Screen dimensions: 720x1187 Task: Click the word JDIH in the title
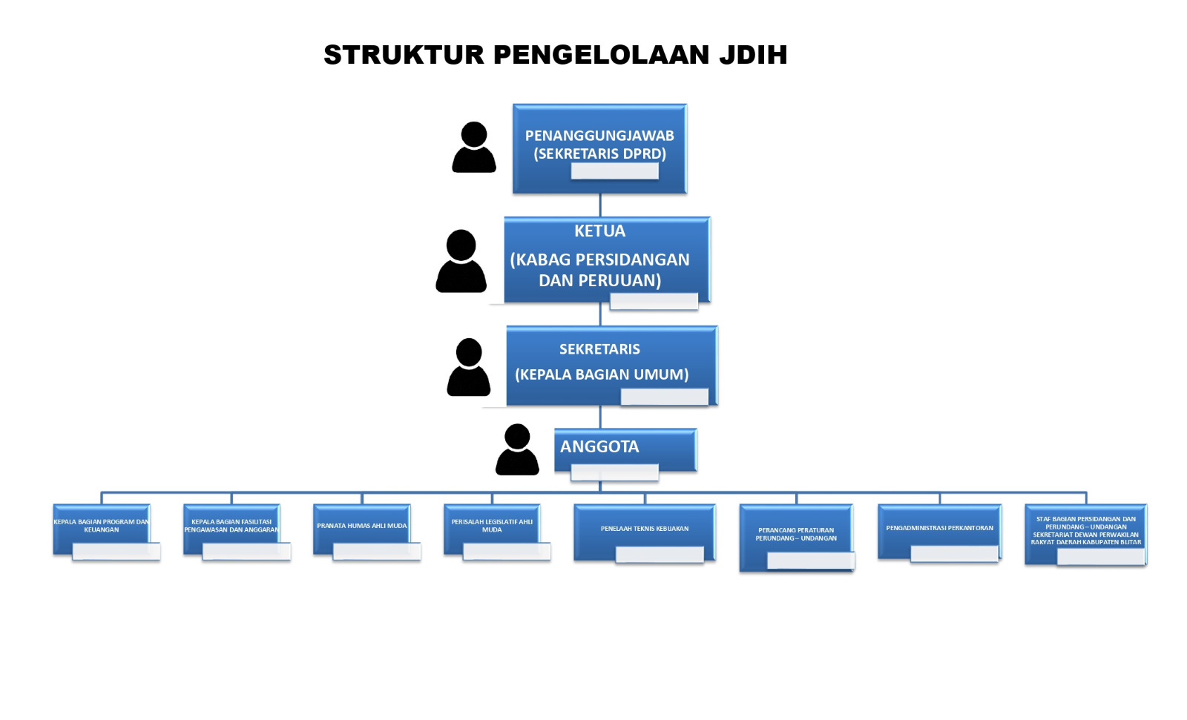point(752,55)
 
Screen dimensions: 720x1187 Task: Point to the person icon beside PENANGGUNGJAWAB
point(474,148)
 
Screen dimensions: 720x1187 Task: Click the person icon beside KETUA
point(461,261)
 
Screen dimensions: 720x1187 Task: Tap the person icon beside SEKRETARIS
point(468,367)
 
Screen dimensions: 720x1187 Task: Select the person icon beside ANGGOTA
point(517,449)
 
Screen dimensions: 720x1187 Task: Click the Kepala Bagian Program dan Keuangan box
point(101,526)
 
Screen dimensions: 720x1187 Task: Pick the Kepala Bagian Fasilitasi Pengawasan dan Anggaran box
point(231,526)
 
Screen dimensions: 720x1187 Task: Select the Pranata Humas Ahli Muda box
point(361,526)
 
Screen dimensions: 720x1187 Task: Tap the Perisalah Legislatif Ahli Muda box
point(492,526)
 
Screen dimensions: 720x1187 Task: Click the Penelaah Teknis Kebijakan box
point(644,529)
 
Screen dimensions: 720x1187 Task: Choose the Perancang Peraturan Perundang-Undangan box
point(796,534)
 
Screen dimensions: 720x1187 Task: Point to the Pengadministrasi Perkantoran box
point(939,528)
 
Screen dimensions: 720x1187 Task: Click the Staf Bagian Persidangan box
point(1085,531)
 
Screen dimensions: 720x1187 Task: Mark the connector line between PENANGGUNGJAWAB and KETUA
point(600,205)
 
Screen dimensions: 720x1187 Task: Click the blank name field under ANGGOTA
point(614,473)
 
